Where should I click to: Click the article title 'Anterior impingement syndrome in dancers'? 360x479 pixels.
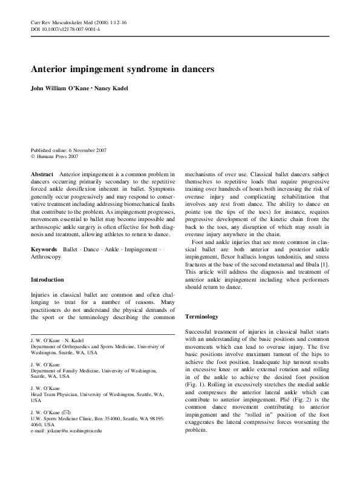122,70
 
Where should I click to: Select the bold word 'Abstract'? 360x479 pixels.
42,174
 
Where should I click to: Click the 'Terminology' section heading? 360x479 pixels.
201,316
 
